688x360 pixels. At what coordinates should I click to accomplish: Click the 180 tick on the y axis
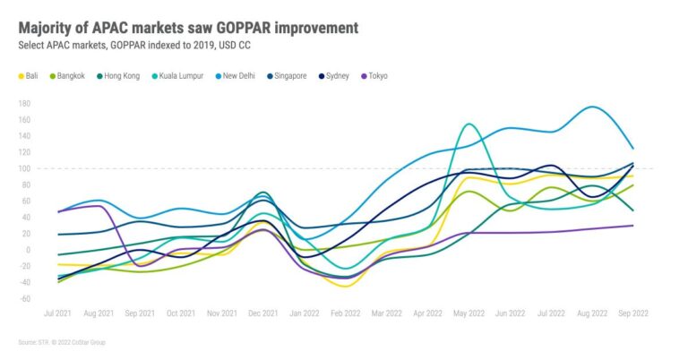24,104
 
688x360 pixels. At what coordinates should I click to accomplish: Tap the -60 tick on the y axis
24,298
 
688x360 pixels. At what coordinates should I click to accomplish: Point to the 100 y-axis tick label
24,168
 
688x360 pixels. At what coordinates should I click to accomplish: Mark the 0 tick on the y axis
28,250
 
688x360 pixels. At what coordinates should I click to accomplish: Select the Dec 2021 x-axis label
262,313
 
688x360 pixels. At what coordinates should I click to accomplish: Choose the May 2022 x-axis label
469,313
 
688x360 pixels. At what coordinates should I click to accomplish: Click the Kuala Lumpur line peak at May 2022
469,124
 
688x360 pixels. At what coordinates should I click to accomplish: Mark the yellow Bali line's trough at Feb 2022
344,287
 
